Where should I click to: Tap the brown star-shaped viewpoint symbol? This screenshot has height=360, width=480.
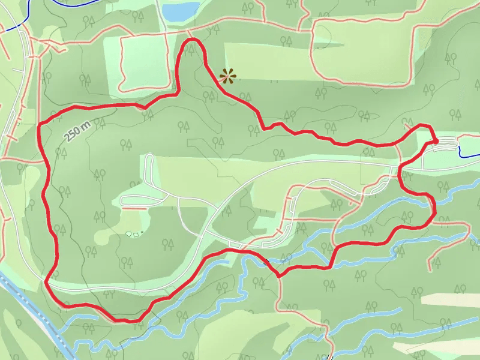227,76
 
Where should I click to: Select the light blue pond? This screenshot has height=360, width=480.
179,10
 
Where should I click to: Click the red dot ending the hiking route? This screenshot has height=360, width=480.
436,141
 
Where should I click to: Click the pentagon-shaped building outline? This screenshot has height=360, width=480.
128,233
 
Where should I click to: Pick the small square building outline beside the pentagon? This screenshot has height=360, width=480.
136,234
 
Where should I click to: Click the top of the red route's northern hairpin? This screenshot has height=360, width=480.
193,40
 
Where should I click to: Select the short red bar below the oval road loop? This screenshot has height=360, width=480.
135,208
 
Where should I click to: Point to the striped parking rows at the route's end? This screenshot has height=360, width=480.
443,146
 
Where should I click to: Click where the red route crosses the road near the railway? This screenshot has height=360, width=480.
47,280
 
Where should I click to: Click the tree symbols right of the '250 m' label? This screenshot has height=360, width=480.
100,124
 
